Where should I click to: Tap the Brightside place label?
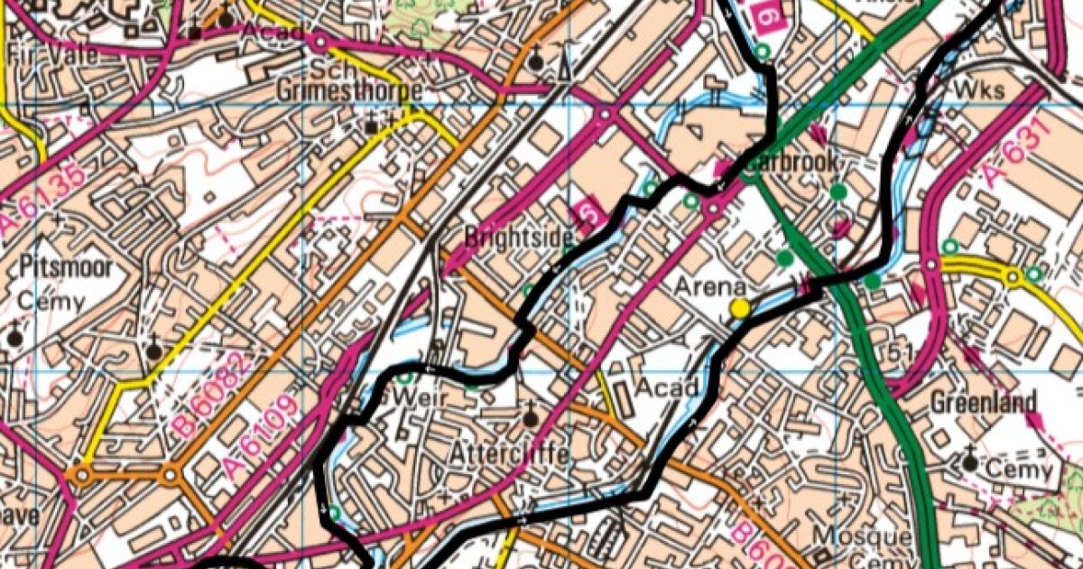point(518,238)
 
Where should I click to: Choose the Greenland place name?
point(984,401)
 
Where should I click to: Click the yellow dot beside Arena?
point(740,309)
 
